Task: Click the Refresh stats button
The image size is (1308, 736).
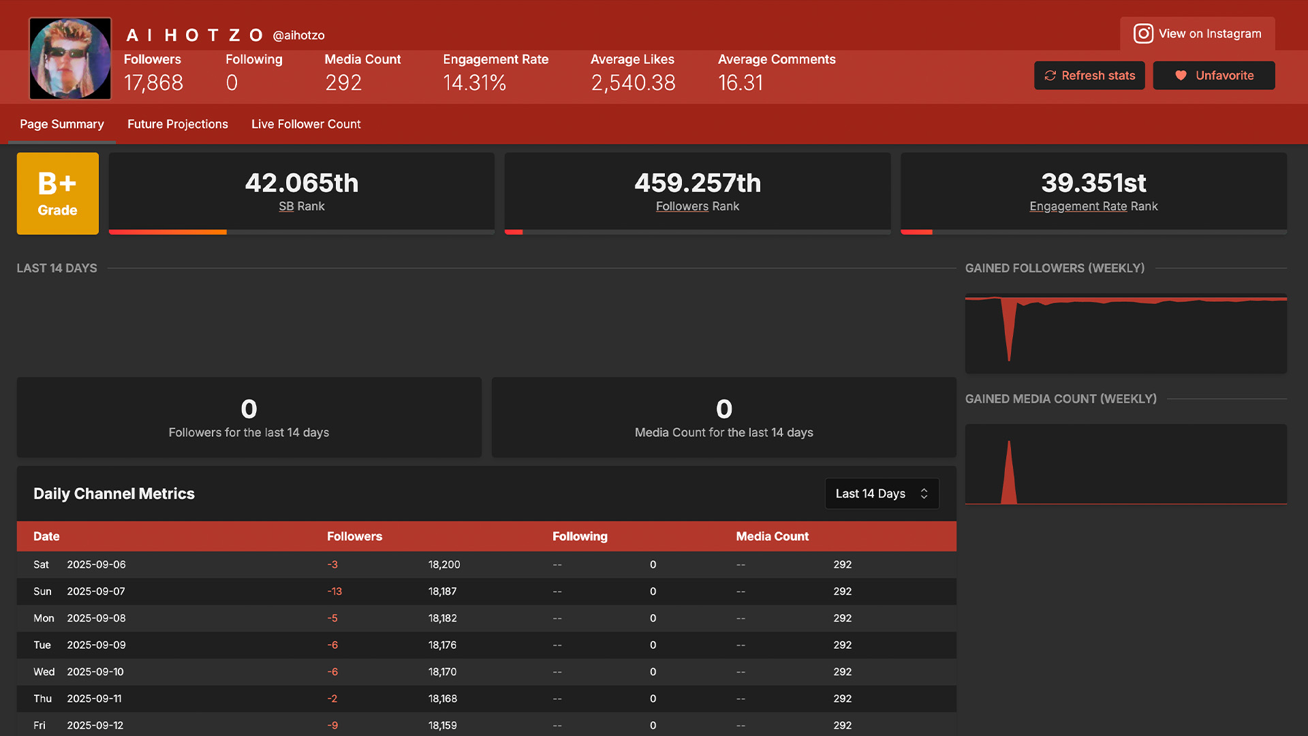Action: pos(1089,76)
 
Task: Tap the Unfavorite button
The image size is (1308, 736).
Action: pos(1214,76)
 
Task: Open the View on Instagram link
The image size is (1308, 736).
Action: pos(1198,33)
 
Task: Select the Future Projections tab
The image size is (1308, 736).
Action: pos(178,124)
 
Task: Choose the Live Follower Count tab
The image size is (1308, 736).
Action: pos(306,124)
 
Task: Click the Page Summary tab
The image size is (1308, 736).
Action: pos(62,124)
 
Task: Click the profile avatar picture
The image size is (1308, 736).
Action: pos(70,59)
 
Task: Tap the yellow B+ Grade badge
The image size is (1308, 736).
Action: pos(58,194)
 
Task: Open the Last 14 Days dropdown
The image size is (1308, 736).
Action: pos(882,493)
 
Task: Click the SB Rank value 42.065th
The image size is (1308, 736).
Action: pos(302,183)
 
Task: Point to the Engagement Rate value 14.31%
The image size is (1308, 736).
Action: pos(475,83)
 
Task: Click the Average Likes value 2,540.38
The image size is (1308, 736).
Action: pos(634,83)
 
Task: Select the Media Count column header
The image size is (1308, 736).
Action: pos(773,536)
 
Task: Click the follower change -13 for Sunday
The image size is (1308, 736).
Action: pos(334,592)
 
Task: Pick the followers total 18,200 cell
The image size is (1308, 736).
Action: pos(444,565)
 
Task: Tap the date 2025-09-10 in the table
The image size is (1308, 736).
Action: pos(95,672)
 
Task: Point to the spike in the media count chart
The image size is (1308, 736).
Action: pos(1009,442)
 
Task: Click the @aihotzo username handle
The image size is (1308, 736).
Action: pos(298,35)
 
